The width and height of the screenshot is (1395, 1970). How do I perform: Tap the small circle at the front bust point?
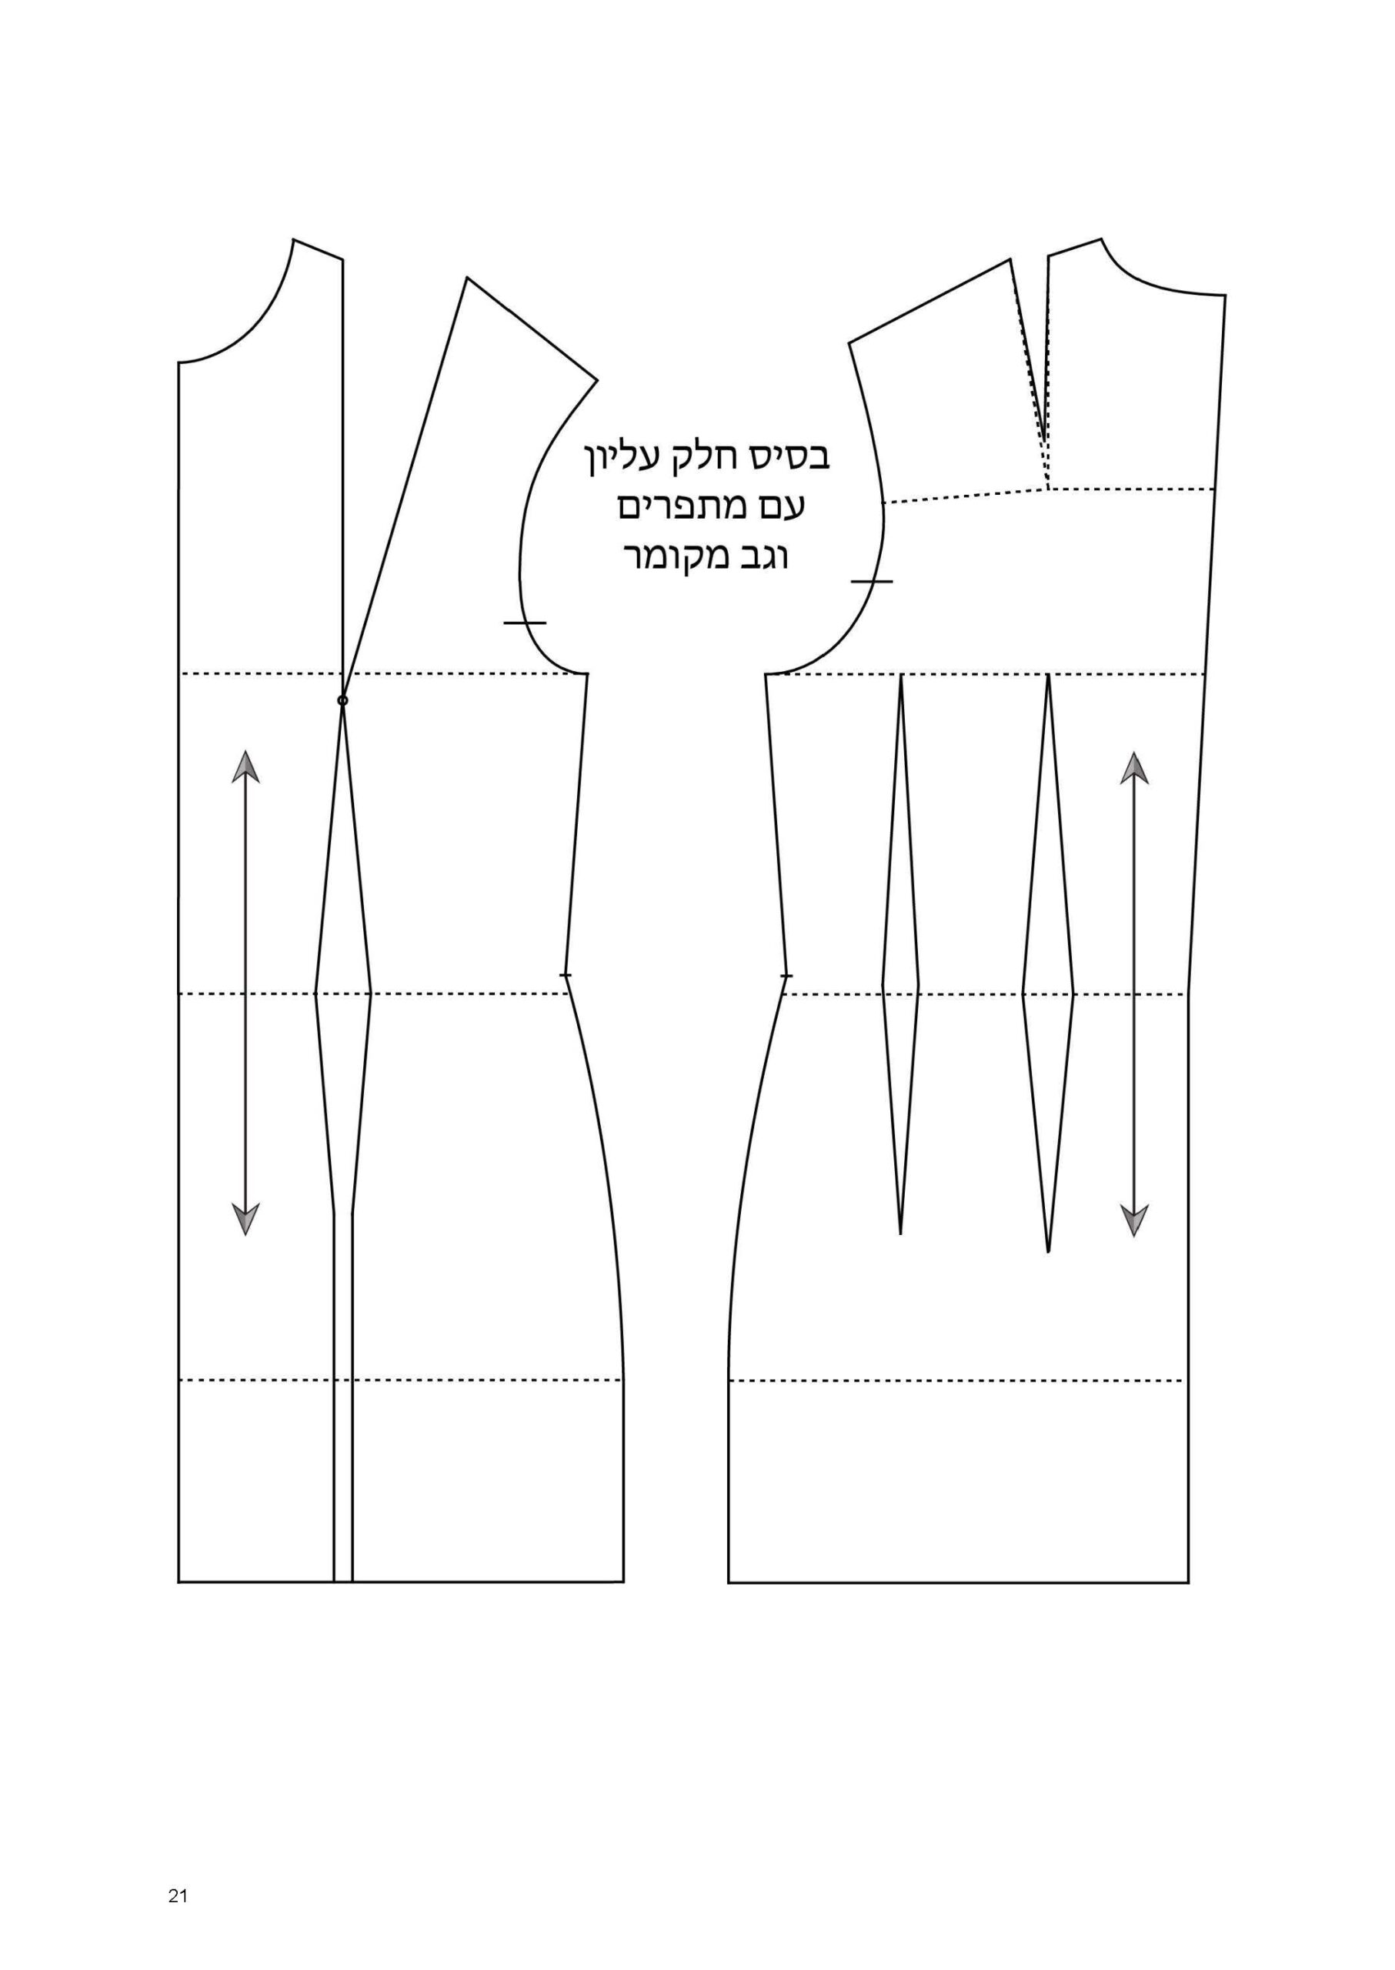342,701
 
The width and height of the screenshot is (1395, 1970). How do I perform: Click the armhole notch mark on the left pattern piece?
525,621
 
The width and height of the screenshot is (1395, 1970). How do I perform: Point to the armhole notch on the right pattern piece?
872,581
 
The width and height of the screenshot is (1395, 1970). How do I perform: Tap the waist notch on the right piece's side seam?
786,976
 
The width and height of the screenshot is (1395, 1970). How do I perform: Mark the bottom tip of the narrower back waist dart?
900,1234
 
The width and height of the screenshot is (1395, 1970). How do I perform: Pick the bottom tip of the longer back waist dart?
1049,1252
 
